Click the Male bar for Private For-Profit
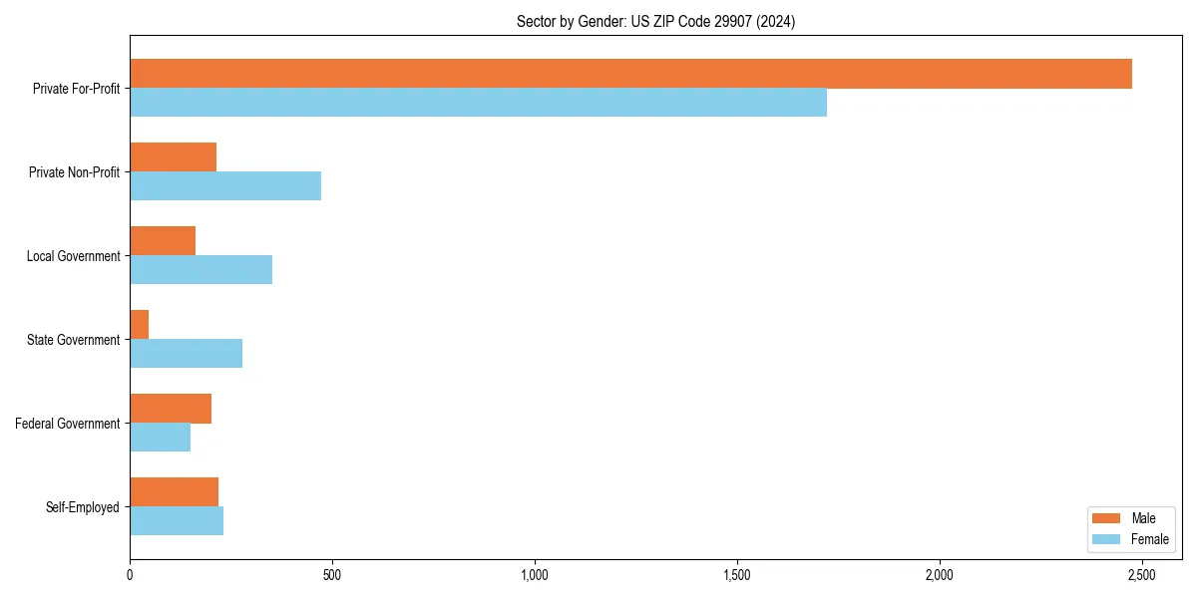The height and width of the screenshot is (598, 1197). tap(630, 74)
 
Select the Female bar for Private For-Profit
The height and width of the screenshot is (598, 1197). tap(478, 103)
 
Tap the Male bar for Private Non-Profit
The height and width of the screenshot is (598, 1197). tap(173, 157)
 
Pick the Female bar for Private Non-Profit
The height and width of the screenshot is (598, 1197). tap(225, 186)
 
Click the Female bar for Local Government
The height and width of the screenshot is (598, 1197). tap(200, 270)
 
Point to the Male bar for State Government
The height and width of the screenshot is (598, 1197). tap(140, 325)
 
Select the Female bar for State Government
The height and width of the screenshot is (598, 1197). tap(186, 354)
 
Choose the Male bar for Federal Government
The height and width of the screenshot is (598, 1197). tap(171, 409)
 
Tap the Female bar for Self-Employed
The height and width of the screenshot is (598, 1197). tap(177, 521)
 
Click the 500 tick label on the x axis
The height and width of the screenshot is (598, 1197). tap(332, 576)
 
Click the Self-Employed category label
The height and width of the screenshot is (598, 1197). tap(83, 507)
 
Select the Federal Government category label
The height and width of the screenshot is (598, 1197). tap(68, 424)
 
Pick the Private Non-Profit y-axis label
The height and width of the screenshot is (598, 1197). tap(74, 172)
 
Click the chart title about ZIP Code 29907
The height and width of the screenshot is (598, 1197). tap(655, 21)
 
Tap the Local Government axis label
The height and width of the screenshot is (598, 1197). tap(73, 256)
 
